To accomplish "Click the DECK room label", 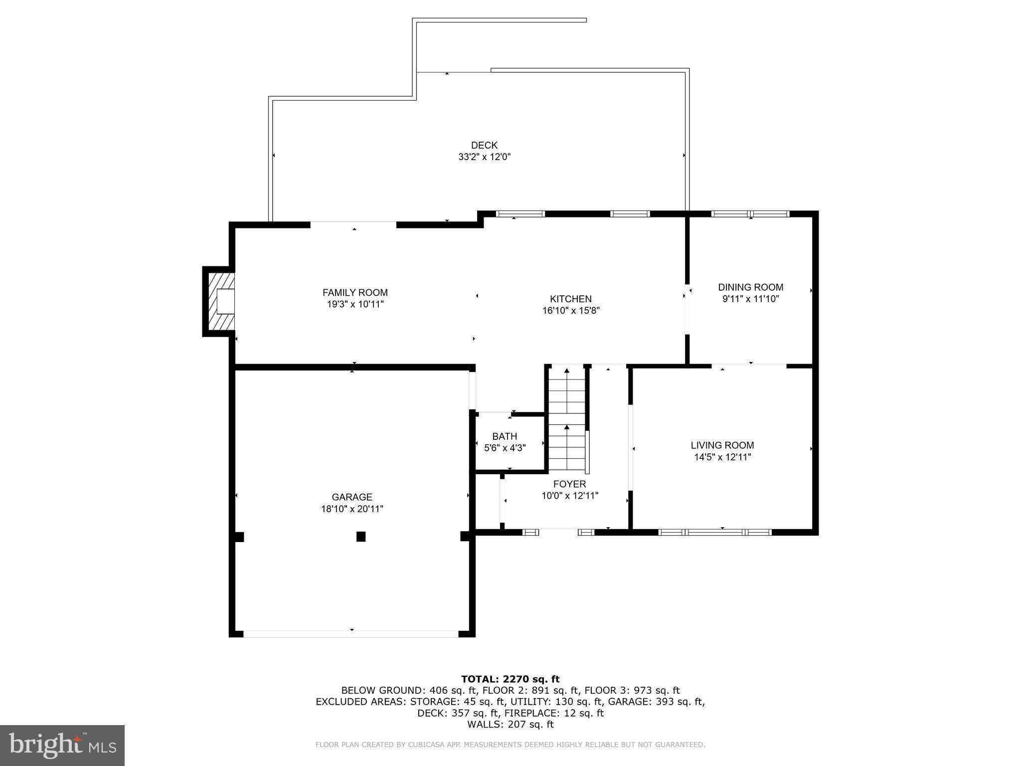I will coord(484,145).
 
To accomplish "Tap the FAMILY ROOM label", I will coord(355,293).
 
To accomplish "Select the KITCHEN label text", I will coord(570,299).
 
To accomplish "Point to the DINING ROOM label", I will coord(750,287).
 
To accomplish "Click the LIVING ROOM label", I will coord(722,445).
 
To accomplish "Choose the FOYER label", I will coord(569,484).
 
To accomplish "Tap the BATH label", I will coord(505,436).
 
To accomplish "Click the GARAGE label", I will coord(352,497).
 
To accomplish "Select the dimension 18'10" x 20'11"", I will coord(352,509).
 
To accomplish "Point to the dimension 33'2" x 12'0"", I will coord(484,157).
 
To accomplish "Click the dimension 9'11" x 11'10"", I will coord(750,299).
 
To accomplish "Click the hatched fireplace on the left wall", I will coord(219,301).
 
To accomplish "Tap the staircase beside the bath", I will coord(567,419).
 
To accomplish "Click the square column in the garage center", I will coord(361,537).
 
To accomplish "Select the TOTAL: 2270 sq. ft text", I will coord(510,679).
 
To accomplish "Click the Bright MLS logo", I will coord(62,745).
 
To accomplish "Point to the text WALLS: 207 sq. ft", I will coord(510,724).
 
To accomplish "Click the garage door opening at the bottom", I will coord(351,634).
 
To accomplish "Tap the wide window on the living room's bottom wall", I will coord(715,532).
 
